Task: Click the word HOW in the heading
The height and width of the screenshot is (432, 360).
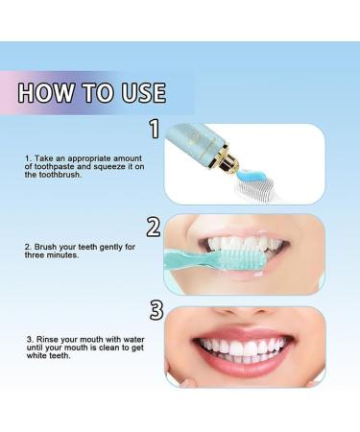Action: pos(47,93)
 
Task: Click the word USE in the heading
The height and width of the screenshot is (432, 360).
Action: pos(139,93)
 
